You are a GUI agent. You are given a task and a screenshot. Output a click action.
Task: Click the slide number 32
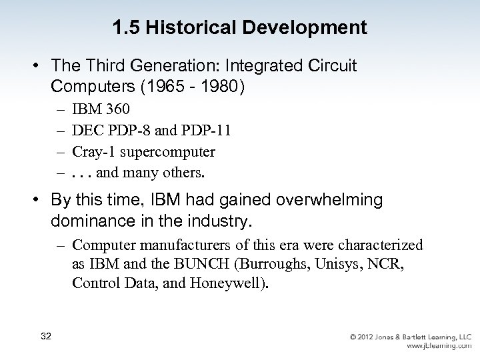45,335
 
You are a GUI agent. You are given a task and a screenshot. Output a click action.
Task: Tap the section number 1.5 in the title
125,28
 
